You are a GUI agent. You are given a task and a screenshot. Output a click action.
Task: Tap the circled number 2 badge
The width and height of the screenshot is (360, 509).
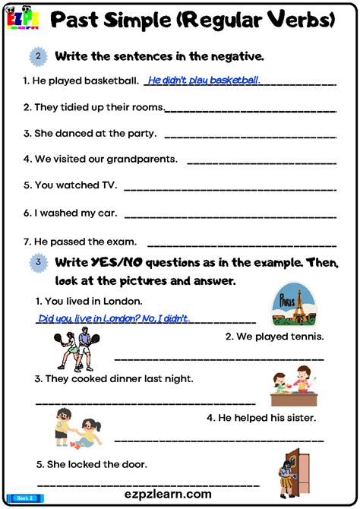click(37, 56)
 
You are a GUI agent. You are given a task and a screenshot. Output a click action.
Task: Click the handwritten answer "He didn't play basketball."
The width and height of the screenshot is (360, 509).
click(204, 80)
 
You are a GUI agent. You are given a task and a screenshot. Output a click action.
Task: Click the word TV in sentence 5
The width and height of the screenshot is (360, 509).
click(109, 185)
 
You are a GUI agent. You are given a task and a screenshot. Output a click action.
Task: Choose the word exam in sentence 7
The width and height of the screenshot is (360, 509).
click(122, 242)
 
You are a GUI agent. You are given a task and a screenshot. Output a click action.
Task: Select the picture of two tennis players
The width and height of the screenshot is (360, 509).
click(74, 349)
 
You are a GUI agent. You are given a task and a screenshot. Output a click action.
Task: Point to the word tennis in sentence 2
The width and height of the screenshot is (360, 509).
click(306, 337)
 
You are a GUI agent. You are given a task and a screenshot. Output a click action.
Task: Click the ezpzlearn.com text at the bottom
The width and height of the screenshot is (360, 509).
click(179, 495)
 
